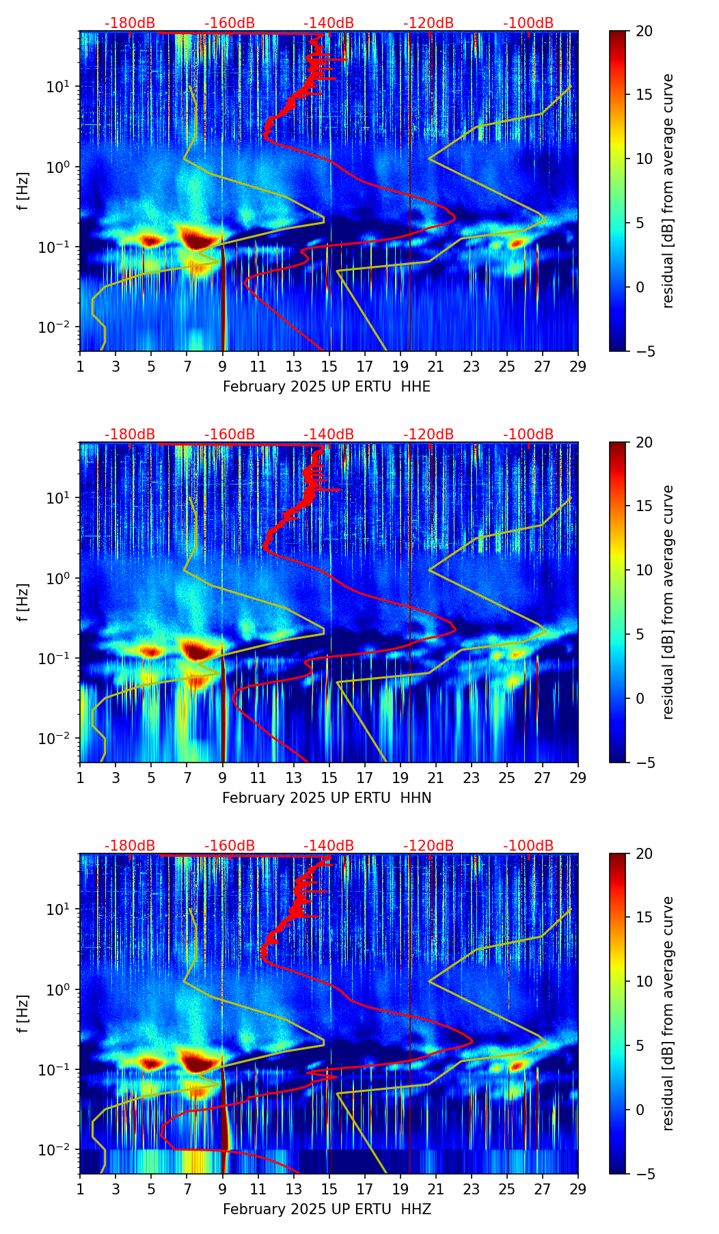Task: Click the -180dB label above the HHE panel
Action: click(x=130, y=23)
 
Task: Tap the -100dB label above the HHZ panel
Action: click(x=528, y=846)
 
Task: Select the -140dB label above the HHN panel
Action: click(x=329, y=435)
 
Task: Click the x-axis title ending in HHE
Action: click(x=327, y=387)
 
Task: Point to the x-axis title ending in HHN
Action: click(x=327, y=798)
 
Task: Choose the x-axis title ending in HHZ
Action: click(x=327, y=1209)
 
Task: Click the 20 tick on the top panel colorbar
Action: click(x=644, y=31)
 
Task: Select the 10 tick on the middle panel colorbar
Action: click(x=644, y=570)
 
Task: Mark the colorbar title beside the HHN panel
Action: click(x=668, y=602)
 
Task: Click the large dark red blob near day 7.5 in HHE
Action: click(x=198, y=239)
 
